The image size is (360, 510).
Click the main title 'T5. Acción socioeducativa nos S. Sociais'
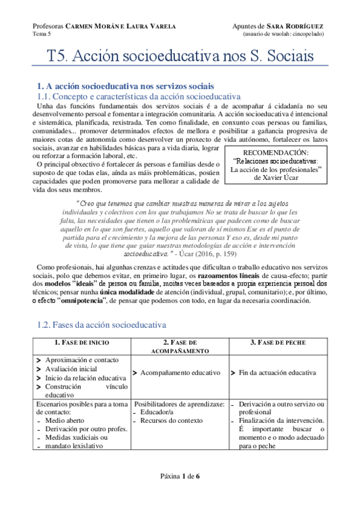tap(180, 57)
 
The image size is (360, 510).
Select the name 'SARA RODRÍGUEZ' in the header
tap(297, 27)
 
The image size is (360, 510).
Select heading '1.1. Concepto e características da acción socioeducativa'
tap(139, 97)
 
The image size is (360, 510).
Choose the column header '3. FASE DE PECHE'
tap(278, 343)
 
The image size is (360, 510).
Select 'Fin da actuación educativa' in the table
tap(277, 373)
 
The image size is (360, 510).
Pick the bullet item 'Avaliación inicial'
tap(73, 369)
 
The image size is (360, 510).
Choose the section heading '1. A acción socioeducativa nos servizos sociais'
tap(126, 86)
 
